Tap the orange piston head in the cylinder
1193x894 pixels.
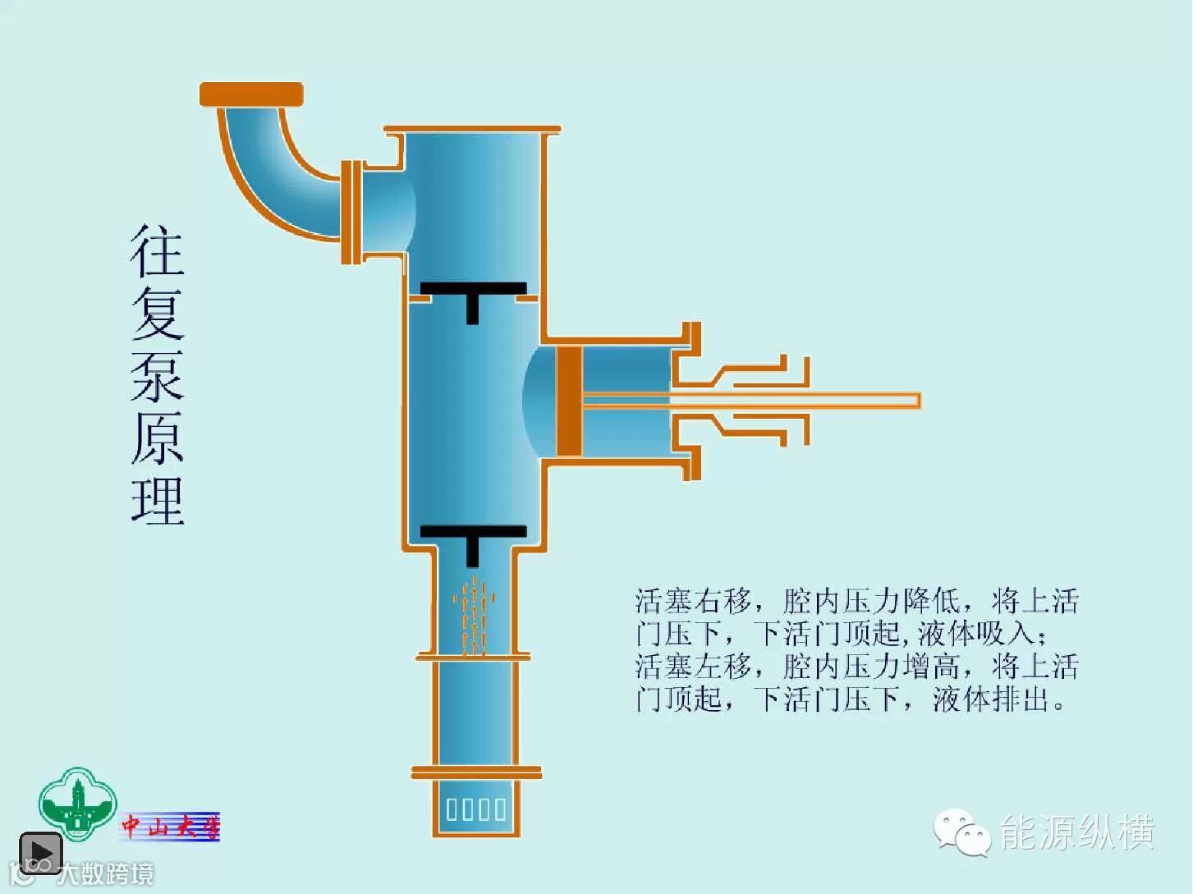click(x=569, y=401)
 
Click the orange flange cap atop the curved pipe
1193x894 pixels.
click(x=251, y=94)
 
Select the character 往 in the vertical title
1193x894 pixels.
click(x=157, y=251)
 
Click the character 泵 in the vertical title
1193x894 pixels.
click(x=157, y=376)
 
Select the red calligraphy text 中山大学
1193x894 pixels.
click(x=171, y=826)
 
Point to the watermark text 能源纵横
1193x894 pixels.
click(x=1076, y=832)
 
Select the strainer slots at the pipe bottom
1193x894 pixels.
click(x=476, y=809)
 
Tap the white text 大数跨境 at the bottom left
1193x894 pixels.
click(x=105, y=874)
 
